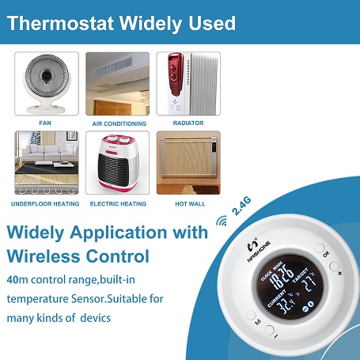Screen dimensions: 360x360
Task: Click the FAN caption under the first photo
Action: click(x=45, y=123)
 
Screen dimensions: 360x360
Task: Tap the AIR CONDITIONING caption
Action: click(x=119, y=123)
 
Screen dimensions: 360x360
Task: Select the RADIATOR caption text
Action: click(x=188, y=123)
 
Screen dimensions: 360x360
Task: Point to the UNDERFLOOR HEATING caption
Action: click(x=45, y=204)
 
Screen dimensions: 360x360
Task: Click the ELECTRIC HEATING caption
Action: click(x=118, y=204)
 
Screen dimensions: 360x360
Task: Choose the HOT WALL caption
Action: click(x=190, y=204)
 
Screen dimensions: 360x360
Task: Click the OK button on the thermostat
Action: click(x=320, y=248)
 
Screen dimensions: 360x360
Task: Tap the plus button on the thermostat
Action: click(x=334, y=267)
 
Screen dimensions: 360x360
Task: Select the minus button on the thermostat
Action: click(x=269, y=330)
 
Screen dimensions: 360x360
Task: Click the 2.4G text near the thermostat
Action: click(x=241, y=206)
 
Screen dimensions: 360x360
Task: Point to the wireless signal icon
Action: click(x=222, y=221)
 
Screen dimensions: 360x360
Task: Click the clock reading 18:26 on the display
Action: click(x=282, y=275)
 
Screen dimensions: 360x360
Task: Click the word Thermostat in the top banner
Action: click(x=60, y=23)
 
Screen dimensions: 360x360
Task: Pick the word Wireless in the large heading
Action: click(x=44, y=256)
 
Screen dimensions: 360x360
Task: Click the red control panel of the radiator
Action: click(x=176, y=74)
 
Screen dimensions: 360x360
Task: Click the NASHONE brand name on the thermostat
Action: click(x=259, y=252)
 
